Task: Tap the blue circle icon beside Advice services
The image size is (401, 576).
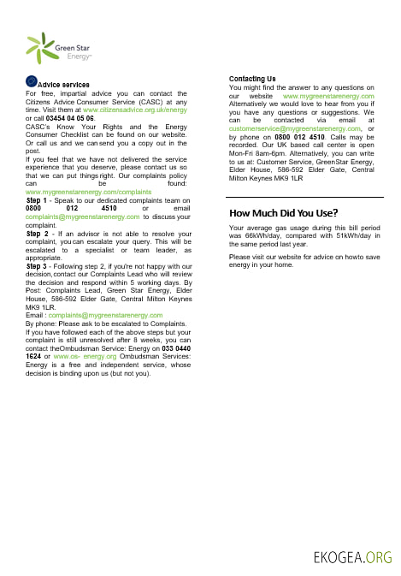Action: tap(32, 81)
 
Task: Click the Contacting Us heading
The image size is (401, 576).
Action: tap(252, 79)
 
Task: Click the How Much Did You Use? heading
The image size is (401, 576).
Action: tap(283, 213)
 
